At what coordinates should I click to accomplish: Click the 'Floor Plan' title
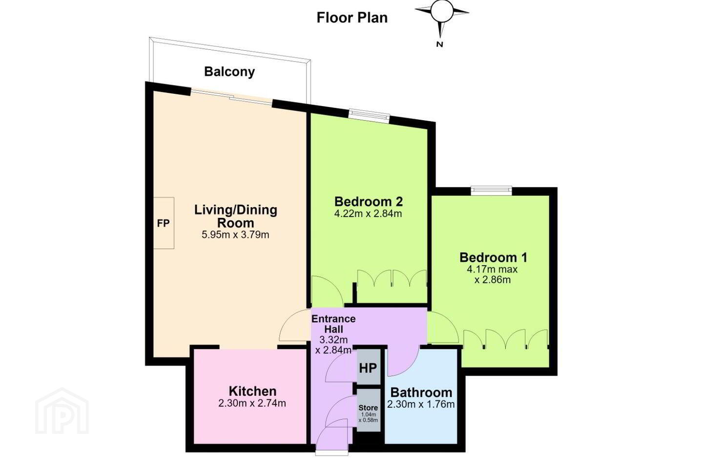click(352, 18)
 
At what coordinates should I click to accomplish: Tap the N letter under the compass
click(440, 44)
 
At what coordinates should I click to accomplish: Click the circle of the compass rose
click(441, 12)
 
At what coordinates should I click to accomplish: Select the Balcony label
click(229, 72)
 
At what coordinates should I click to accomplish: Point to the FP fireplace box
click(164, 223)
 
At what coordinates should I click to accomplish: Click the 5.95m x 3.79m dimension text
click(235, 234)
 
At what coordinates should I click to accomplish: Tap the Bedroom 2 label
click(369, 201)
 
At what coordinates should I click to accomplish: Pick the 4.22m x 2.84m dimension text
click(368, 213)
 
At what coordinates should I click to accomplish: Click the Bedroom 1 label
click(494, 257)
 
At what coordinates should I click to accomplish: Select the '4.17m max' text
click(492, 269)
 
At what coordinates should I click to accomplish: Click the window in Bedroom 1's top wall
click(491, 190)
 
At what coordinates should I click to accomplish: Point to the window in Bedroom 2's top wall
click(369, 116)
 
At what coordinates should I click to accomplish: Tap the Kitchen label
click(253, 391)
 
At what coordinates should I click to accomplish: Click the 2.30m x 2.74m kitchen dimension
click(252, 403)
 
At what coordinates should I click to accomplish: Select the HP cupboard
click(369, 367)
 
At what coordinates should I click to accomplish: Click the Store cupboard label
click(368, 408)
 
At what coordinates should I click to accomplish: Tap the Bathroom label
click(421, 392)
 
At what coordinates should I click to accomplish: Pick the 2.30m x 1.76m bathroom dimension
click(421, 404)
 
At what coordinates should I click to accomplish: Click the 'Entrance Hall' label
click(333, 324)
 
